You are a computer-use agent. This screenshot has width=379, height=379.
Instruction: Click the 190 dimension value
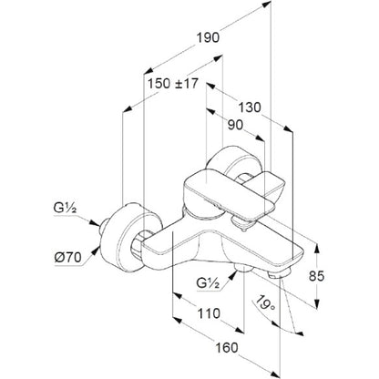point(208,38)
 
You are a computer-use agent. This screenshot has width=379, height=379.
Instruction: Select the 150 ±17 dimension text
point(173,84)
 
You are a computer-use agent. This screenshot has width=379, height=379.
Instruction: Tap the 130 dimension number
point(249,108)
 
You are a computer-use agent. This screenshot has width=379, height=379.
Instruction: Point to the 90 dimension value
point(235,125)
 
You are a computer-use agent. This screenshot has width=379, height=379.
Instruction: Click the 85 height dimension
point(316,276)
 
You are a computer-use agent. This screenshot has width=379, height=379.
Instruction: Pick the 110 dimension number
point(209,313)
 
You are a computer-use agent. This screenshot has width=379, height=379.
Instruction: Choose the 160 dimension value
point(227,347)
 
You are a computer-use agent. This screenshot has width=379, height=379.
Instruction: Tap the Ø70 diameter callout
point(68,258)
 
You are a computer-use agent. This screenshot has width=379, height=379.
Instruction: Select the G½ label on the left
point(65,209)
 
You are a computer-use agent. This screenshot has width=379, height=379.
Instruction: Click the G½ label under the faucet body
point(208,283)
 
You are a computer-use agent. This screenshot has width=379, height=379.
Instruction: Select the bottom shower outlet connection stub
point(243,268)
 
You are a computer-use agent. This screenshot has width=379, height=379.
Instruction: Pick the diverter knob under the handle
point(242,223)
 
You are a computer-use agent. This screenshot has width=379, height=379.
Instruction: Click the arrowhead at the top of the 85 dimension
point(316,248)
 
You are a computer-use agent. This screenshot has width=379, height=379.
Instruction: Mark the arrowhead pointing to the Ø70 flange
point(97,251)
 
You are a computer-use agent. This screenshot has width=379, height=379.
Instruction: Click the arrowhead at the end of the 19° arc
point(300,333)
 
